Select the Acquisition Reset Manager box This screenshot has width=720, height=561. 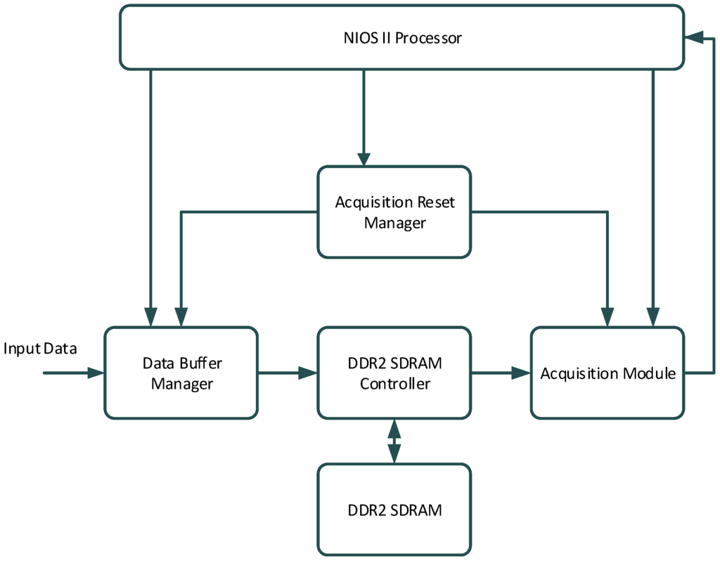pyautogui.click(x=394, y=212)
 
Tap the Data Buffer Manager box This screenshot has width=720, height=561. pyautogui.click(x=181, y=373)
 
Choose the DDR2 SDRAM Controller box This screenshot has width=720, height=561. pyautogui.click(x=394, y=373)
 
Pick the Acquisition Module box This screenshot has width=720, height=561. pyautogui.click(x=607, y=373)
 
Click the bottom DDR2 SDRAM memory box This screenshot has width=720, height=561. pyautogui.click(x=394, y=510)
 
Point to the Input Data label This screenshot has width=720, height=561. pyautogui.click(x=40, y=349)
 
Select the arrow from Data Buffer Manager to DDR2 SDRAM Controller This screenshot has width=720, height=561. pyautogui.click(x=288, y=373)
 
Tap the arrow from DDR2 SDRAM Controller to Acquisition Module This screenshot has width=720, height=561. pyautogui.click(x=501, y=373)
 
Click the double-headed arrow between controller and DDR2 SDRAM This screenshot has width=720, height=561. pyautogui.click(x=394, y=441)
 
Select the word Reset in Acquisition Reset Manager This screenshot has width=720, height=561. pyautogui.click(x=436, y=202)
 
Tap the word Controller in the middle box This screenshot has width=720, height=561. pyautogui.click(x=394, y=384)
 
